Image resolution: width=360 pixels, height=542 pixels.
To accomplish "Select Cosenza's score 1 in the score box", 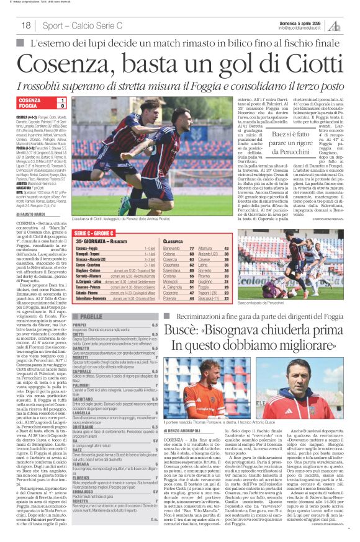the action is pos(62,100).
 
